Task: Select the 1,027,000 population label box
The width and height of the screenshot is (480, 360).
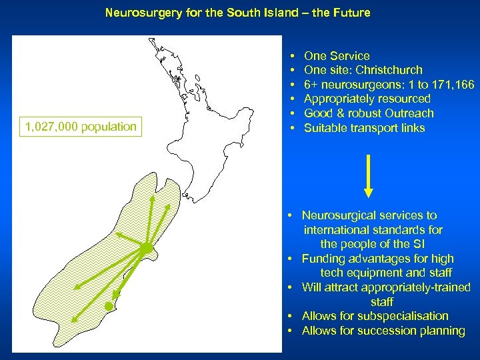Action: pyautogui.click(x=81, y=127)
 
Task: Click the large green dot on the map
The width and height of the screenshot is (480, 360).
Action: pyautogui.click(x=145, y=249)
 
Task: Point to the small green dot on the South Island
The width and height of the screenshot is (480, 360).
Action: pyautogui.click(x=109, y=306)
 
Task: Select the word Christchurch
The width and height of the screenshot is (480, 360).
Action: pyautogui.click(x=389, y=70)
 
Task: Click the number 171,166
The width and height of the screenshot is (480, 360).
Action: pyautogui.click(x=451, y=85)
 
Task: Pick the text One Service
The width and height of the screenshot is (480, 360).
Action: pyautogui.click(x=336, y=56)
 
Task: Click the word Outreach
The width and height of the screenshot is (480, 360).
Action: pyautogui.click(x=408, y=113)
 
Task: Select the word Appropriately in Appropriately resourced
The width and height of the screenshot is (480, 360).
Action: pyautogui.click(x=339, y=99)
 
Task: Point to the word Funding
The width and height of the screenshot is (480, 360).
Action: pyautogui.click(x=323, y=259)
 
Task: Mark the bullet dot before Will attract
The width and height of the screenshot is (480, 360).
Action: pyautogui.click(x=292, y=287)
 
